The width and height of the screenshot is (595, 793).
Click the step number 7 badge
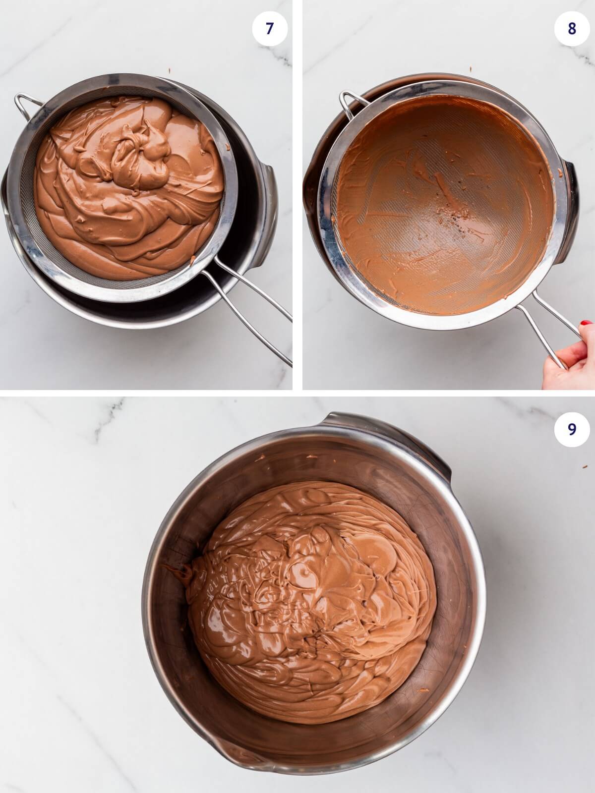[269, 29]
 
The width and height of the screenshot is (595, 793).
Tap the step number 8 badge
[572, 29]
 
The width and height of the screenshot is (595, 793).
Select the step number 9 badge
[572, 429]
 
